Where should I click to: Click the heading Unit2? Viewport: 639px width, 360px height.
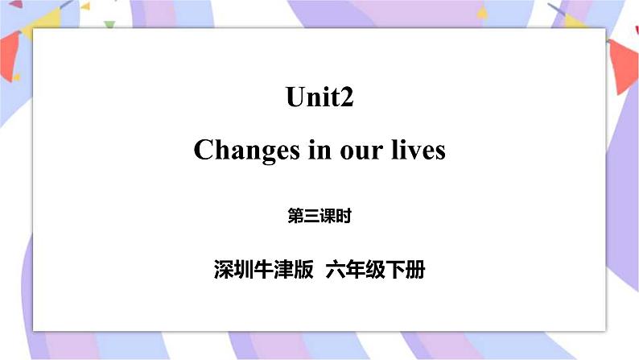(x=319, y=98)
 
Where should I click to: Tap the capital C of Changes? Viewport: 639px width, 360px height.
(x=203, y=151)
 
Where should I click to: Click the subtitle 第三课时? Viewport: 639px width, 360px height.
(x=319, y=216)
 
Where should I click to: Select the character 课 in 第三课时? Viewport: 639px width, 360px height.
(x=328, y=216)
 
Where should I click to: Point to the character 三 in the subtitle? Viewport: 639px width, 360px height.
(x=311, y=216)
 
